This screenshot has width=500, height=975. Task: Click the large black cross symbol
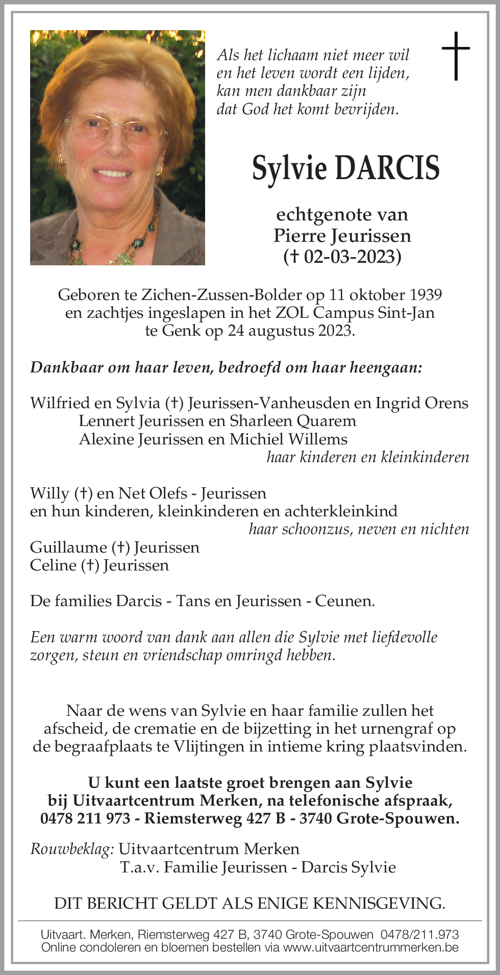click(x=456, y=56)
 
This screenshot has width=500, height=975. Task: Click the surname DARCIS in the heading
click(x=386, y=168)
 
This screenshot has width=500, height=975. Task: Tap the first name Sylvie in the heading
click(x=289, y=168)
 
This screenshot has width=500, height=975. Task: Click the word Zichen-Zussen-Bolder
click(x=221, y=295)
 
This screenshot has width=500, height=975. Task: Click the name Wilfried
click(x=60, y=403)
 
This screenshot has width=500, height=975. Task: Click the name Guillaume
click(x=68, y=547)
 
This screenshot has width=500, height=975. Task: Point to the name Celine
click(x=53, y=565)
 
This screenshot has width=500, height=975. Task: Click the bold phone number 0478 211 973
click(x=85, y=818)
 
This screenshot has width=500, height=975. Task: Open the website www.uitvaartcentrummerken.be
click(x=371, y=947)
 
